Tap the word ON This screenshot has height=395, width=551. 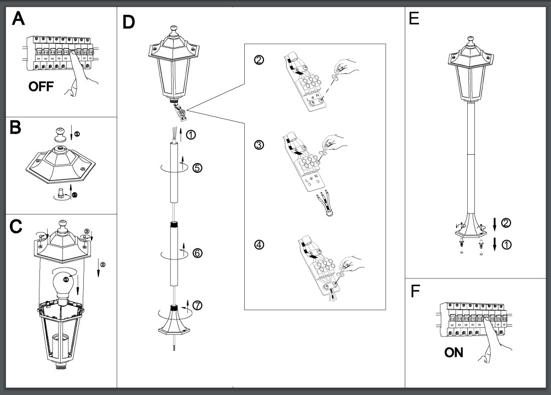[454, 352]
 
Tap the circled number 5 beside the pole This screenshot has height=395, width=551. [197, 168]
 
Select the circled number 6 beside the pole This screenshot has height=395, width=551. [197, 253]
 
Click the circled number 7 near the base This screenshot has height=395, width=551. [197, 306]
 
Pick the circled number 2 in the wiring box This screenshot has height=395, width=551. [259, 60]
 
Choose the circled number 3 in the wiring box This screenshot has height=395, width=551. [259, 145]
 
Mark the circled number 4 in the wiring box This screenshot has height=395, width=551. [259, 244]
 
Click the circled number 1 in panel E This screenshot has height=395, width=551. [507, 245]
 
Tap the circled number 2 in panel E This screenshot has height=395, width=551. [507, 222]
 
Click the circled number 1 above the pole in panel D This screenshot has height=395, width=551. [190, 135]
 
